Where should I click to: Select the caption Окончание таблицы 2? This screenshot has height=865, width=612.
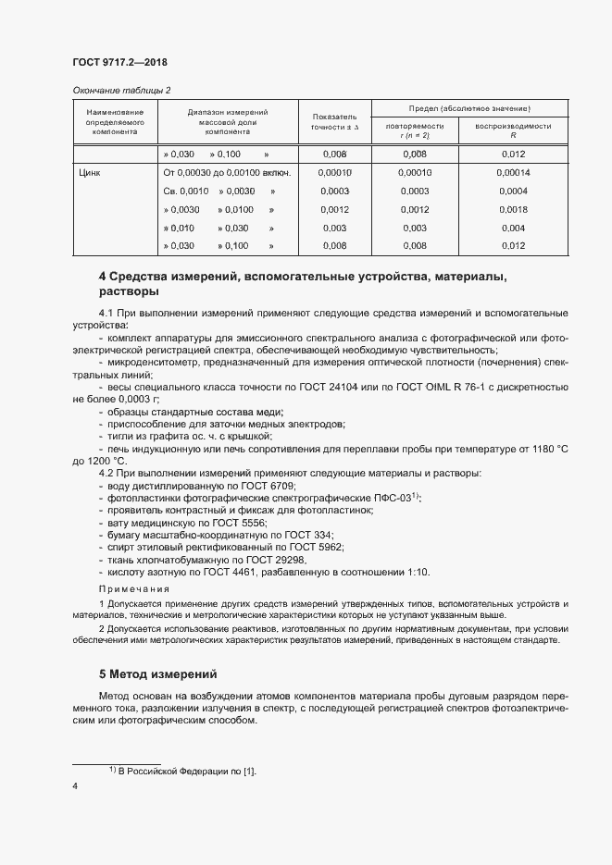[x=121, y=90]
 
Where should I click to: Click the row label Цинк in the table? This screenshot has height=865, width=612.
[x=91, y=172]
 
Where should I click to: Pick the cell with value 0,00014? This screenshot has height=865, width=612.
[x=513, y=172]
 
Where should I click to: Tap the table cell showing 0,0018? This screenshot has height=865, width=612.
[x=513, y=209]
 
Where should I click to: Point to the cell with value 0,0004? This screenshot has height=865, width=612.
[x=513, y=191]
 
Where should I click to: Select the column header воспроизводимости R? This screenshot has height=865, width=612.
[x=513, y=130]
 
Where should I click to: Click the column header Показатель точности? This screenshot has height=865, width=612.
[x=334, y=122]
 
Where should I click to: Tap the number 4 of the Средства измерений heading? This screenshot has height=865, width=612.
[x=102, y=277]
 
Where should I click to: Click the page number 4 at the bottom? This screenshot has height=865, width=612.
[x=75, y=786]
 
